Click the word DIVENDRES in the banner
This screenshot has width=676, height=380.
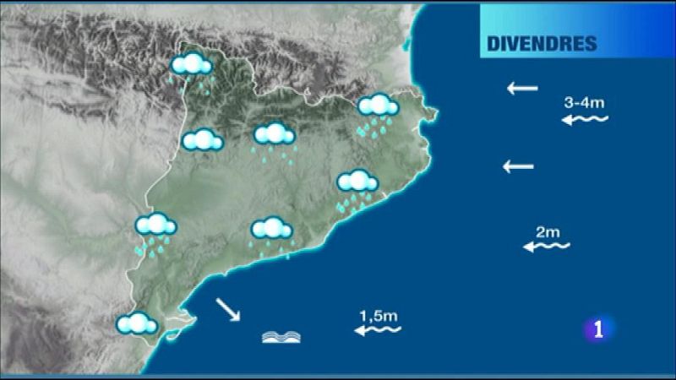coord(542,44)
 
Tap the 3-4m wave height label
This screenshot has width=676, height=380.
coord(584,103)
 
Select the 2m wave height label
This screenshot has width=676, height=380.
coord(548,231)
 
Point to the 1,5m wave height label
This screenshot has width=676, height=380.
coord(379,316)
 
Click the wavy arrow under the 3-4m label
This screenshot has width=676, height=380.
coord(586,121)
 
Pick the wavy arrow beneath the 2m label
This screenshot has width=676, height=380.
coord(547,247)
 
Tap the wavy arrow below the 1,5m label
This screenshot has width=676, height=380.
coord(378,331)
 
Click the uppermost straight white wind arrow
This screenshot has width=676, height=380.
coord(522,87)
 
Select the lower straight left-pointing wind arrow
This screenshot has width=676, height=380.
coord(519,166)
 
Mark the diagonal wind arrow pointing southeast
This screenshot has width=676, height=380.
coord(227,310)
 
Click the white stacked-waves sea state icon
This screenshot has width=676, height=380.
coord(281,337)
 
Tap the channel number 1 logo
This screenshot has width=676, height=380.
coord(599,329)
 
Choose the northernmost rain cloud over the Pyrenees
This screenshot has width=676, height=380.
coord(191,66)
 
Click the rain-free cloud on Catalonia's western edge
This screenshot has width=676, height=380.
coord(202,140)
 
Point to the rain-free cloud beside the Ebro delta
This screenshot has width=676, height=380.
coord(138,323)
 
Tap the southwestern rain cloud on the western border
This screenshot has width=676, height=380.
coord(155,227)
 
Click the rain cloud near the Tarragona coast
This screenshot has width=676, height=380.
coord(271,230)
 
